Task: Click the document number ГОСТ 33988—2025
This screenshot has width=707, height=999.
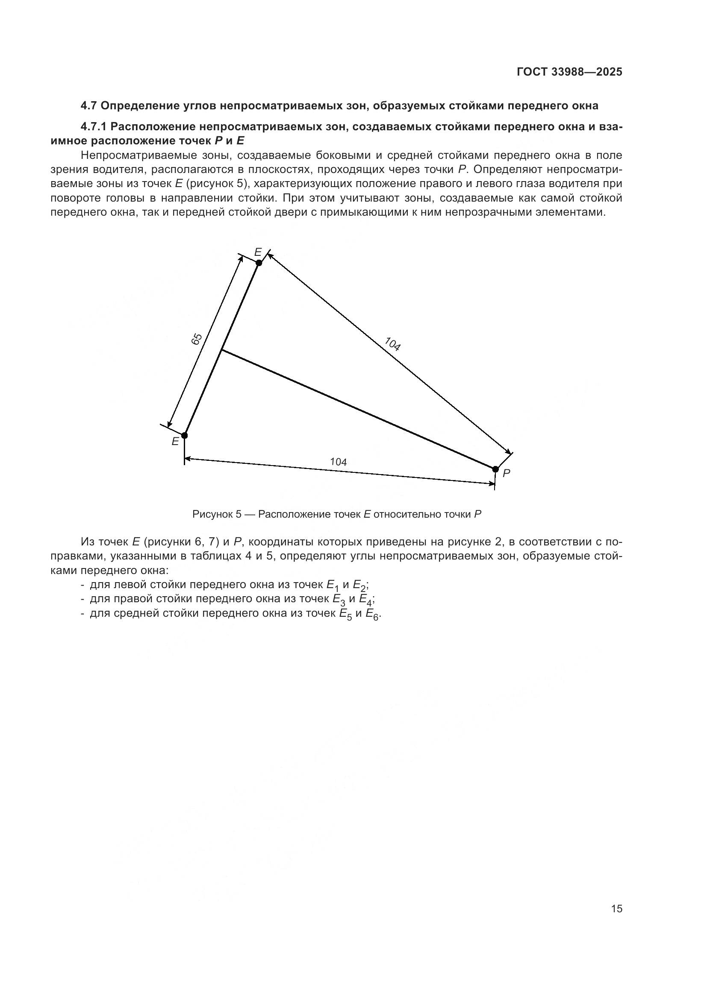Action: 569,72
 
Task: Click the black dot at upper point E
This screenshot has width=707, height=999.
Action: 259,263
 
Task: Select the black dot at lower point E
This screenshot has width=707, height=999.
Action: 185,435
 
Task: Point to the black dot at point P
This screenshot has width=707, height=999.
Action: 495,469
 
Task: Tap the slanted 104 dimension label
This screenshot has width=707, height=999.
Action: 392,344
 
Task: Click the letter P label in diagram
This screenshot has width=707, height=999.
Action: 506,473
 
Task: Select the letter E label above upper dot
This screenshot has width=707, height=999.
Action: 258,252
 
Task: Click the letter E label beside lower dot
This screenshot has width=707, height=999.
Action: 175,442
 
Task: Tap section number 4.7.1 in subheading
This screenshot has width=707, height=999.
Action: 94,127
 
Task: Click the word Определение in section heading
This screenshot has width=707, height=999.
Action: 138,106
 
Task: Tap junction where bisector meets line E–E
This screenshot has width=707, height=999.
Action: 222,350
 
